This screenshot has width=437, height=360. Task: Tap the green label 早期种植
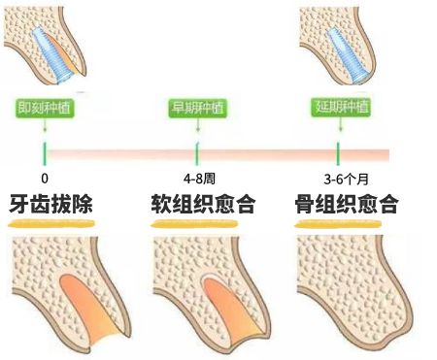(x=197, y=108)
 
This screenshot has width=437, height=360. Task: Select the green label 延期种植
(x=339, y=108)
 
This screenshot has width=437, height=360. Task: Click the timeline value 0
(x=45, y=179)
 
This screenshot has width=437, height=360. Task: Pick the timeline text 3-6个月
(x=341, y=179)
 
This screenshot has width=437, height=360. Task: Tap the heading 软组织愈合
(x=202, y=206)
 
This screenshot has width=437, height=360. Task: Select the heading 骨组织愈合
(x=348, y=206)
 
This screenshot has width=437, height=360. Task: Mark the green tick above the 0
(x=45, y=152)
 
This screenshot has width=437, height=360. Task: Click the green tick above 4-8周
(x=197, y=152)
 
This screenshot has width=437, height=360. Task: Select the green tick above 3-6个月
(x=339, y=152)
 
